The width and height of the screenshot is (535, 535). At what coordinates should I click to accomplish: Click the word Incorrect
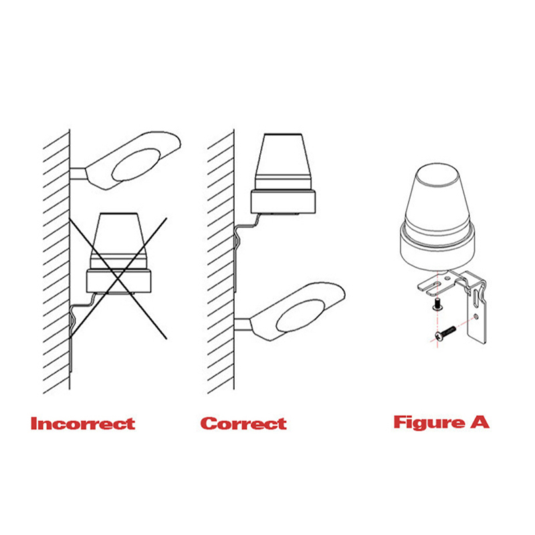click(x=83, y=423)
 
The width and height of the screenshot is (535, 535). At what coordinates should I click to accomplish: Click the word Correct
click(x=243, y=423)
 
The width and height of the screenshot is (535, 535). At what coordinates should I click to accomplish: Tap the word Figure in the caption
click(x=429, y=423)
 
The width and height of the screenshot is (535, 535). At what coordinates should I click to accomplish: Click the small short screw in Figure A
click(x=437, y=304)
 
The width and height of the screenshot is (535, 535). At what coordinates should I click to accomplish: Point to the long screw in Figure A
click(x=445, y=333)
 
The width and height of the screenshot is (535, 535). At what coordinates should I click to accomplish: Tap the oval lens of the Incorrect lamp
click(x=136, y=164)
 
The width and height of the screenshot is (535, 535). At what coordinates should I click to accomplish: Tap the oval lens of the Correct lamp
click(x=300, y=316)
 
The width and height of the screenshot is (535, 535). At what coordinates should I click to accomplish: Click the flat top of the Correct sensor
click(x=282, y=134)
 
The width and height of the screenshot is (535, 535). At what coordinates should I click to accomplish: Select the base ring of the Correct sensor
click(x=283, y=202)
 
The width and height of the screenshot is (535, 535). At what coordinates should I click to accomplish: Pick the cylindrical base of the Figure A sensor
click(x=437, y=248)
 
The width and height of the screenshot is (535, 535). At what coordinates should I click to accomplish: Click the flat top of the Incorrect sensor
click(x=118, y=214)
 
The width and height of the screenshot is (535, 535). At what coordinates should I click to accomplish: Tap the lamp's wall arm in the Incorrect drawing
click(x=78, y=174)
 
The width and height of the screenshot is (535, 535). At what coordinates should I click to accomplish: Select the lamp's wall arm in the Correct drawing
click(x=243, y=324)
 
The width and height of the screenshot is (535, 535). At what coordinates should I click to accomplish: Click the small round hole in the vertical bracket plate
click(x=476, y=317)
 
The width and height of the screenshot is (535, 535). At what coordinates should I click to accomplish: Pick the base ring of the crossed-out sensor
click(x=119, y=281)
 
